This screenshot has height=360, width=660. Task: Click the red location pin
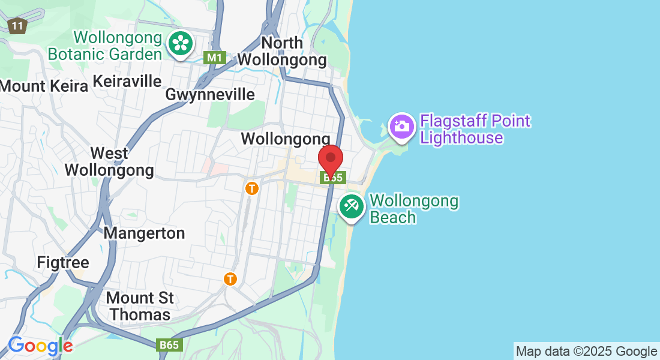click(330, 159)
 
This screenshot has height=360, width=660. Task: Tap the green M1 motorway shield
click(214, 58)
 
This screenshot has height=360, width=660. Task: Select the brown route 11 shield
click(17, 26)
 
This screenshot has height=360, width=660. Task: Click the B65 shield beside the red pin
click(334, 178)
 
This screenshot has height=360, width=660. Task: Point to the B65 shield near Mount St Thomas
click(169, 345)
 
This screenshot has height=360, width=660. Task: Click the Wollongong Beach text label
click(414, 209)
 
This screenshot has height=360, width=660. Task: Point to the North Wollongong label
click(282, 52)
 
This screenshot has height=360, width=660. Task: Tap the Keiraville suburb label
click(127, 81)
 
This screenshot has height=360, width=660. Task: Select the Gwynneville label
click(210, 95)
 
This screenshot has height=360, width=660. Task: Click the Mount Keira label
click(44, 86)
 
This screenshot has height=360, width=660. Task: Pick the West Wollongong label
click(109, 161)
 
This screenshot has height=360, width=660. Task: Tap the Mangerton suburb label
click(144, 233)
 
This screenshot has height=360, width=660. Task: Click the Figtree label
click(63, 263)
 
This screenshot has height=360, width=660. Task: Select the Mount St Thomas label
click(140, 306)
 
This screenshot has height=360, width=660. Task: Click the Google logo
click(40, 346)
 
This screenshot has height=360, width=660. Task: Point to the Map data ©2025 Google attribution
click(586, 351)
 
